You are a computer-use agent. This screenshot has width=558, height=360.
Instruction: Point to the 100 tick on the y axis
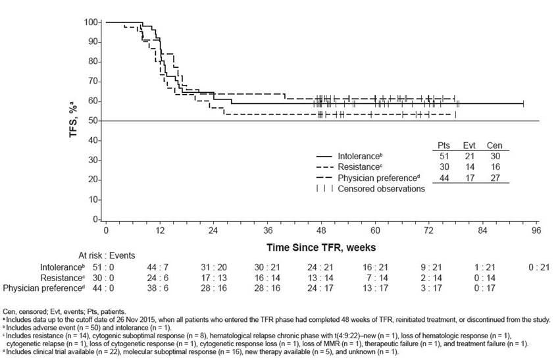(x=91, y=22)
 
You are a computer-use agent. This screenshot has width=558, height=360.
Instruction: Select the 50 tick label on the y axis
(x=94, y=120)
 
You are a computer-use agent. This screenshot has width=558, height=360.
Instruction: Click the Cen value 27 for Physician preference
(x=494, y=178)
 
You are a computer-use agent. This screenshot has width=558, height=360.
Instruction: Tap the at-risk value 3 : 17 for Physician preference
(x=482, y=288)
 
